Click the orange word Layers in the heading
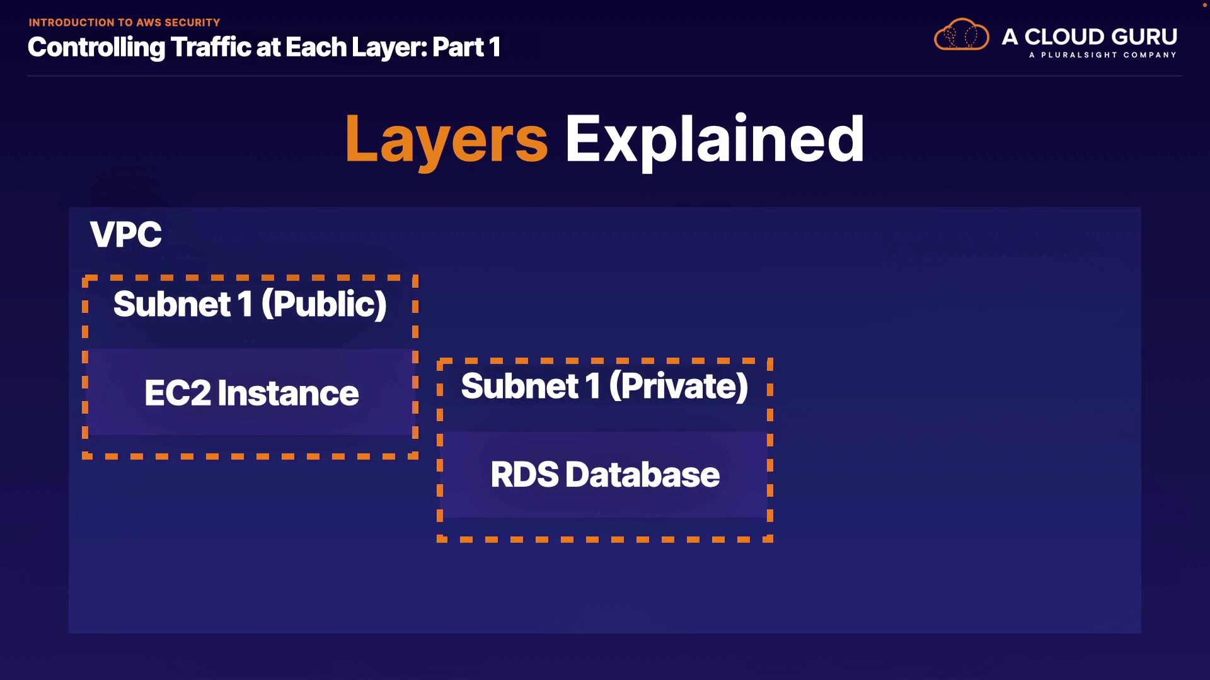coord(446,140)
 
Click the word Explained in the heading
coord(714,140)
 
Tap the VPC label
coord(125,235)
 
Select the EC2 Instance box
coord(251,392)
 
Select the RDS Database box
coord(605,474)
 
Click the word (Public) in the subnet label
coord(324,304)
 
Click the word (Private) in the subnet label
coord(679,386)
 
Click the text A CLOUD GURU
coord(1089,37)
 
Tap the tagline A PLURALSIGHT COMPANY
coord(1102,55)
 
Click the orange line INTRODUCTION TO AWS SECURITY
coord(124,23)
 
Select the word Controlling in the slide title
coord(96,47)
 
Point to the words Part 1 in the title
coord(466,47)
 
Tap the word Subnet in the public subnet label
coord(172,304)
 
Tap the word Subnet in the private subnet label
coord(520,386)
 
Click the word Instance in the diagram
coord(288,393)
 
